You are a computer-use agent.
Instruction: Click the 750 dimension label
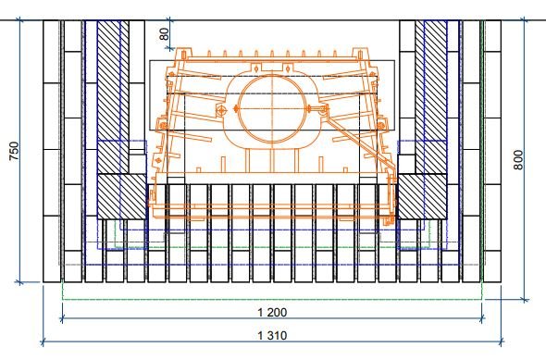click(x=14, y=151)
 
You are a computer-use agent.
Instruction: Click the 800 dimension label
click(x=518, y=160)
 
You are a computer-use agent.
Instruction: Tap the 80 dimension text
click(x=164, y=34)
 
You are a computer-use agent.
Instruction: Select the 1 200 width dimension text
click(x=272, y=312)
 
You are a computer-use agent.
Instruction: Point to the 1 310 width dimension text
click(x=272, y=336)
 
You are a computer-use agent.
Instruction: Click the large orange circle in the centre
click(x=272, y=108)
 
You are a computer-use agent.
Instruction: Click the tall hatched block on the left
click(x=113, y=97)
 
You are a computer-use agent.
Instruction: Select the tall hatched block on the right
click(x=431, y=97)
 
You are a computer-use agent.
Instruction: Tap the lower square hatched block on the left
click(x=121, y=196)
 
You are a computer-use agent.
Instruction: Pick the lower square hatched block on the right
click(x=422, y=196)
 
